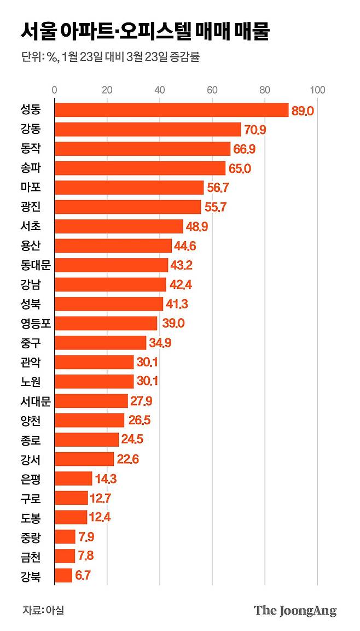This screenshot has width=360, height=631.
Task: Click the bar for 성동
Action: pos(171,110)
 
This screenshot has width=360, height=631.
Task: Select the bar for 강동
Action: pos(148,130)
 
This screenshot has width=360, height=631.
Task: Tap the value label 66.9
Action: pos(244,149)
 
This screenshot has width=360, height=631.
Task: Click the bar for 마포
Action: pos(129,188)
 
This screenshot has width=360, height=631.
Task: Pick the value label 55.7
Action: pos(214,207)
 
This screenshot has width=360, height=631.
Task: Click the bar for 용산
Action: pos(113,246)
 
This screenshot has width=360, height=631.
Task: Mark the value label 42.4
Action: pos(180,284)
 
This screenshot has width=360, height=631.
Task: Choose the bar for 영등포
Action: pos(106,323)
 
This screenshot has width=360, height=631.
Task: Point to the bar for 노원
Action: pos(94,381)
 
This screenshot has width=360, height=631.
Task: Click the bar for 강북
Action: pos(63,575)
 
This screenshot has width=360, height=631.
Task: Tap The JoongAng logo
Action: pos(295,611)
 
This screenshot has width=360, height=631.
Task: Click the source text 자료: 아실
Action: pos(43,610)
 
